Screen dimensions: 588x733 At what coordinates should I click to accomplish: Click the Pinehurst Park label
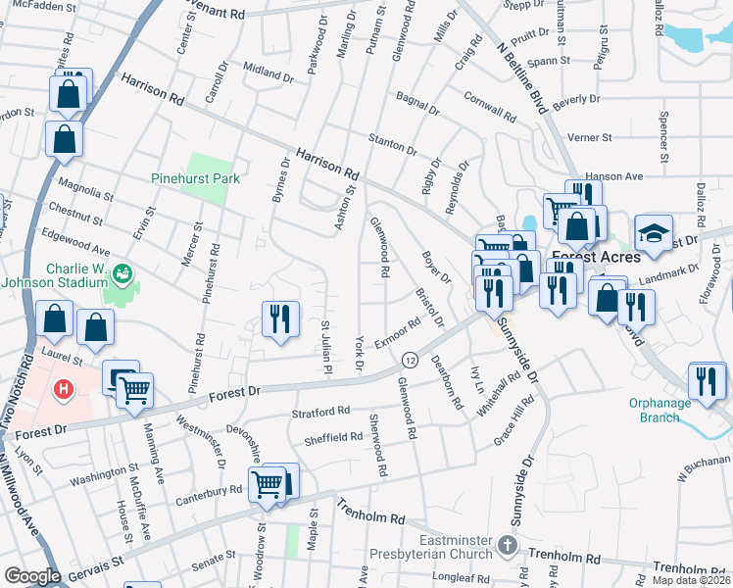196,179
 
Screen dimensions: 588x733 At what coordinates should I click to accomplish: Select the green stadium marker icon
122,272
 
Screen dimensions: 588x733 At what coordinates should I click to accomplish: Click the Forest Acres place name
603,257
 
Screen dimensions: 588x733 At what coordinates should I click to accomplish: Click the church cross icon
508,544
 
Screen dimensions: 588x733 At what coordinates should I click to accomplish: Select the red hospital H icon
64,389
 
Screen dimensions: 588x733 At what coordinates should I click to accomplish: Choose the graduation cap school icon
653,233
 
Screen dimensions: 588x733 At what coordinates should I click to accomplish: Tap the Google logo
32,576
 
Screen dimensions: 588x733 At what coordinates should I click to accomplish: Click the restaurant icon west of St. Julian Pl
280,318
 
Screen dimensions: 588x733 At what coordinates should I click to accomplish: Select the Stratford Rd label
319,412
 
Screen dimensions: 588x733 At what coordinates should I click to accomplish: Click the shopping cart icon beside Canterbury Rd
268,483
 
